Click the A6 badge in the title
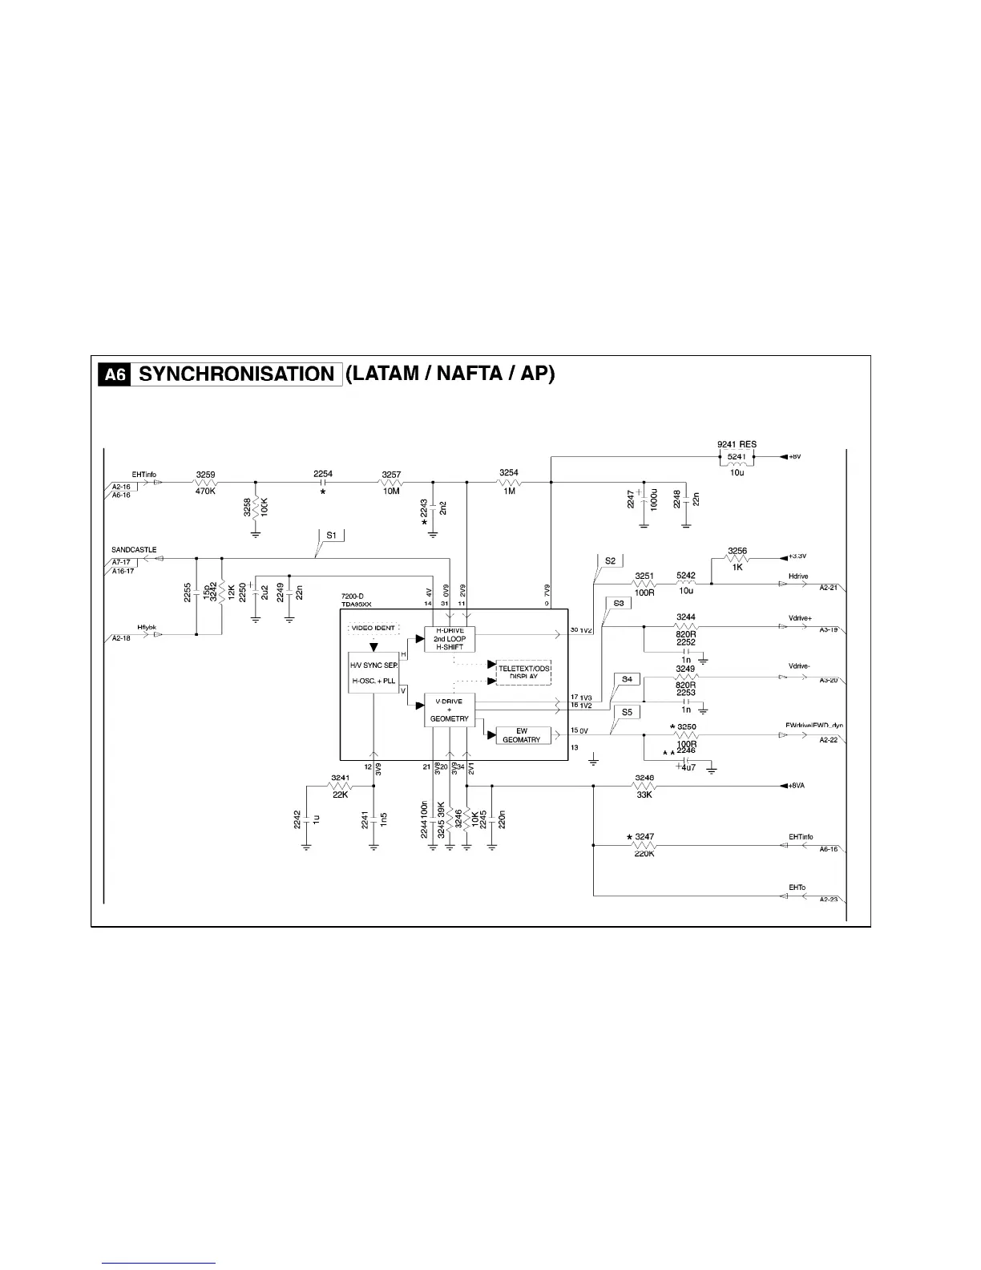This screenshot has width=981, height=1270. point(115,374)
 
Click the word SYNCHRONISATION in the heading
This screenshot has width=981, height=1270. point(236,374)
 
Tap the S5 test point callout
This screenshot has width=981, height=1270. point(627,711)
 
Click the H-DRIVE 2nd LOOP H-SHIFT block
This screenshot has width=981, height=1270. point(449,638)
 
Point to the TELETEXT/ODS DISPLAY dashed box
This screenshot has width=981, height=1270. point(524,673)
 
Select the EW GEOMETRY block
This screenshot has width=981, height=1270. point(522,735)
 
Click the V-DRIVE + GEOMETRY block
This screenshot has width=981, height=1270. point(449,710)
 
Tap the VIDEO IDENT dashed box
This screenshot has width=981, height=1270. point(373,628)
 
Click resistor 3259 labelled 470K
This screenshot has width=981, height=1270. point(206,483)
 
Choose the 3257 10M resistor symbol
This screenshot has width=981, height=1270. point(390,483)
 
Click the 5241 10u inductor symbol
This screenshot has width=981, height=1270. point(737,463)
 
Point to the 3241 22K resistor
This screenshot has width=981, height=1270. point(341,786)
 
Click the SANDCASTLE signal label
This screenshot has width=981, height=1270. point(134,550)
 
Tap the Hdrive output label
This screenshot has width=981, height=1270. point(798,576)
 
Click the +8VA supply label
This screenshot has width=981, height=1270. point(796,786)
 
